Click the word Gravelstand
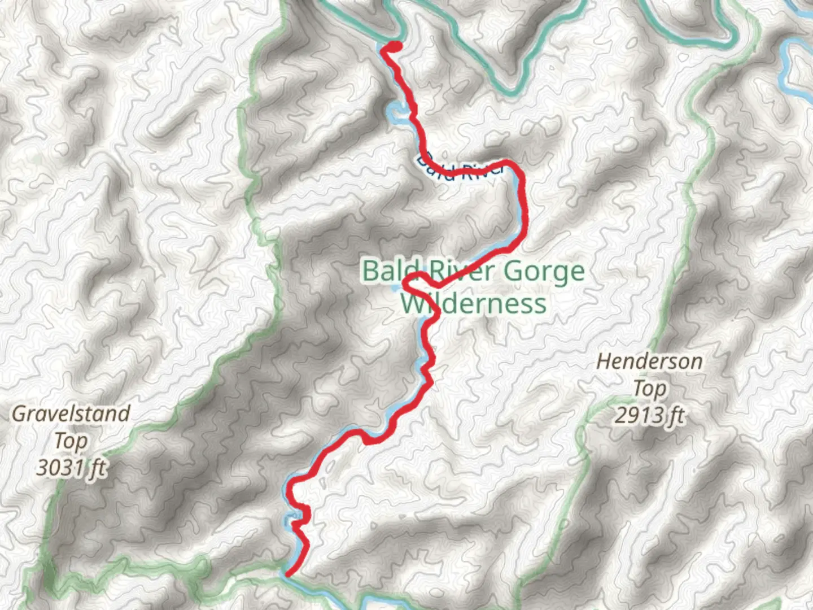pyautogui.click(x=71, y=413)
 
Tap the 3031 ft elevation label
pyautogui.click(x=71, y=468)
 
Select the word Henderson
pyautogui.click(x=649, y=361)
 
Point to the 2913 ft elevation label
pyautogui.click(x=649, y=416)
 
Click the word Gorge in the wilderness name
pyautogui.click(x=544, y=272)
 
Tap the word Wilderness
pyautogui.click(x=473, y=304)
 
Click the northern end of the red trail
pyautogui.click(x=394, y=47)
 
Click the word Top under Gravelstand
pyautogui.click(x=71, y=441)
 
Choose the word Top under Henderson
pyautogui.click(x=649, y=389)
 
